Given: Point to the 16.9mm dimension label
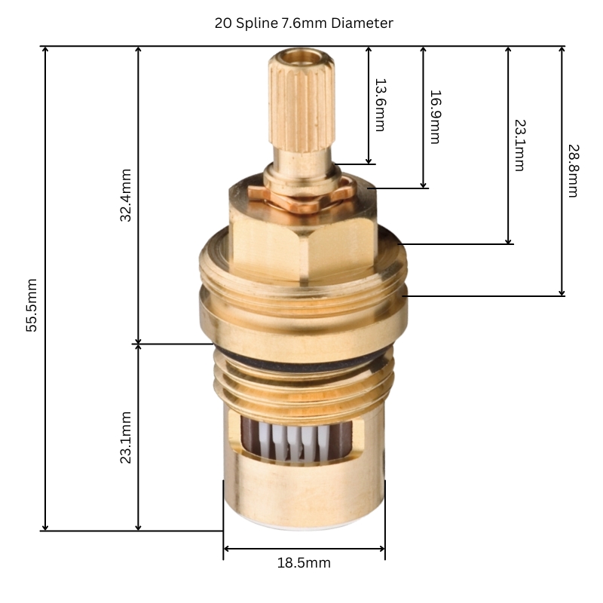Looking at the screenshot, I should point(434,117).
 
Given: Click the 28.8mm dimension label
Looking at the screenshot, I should point(572,170).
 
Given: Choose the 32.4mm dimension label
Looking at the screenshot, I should point(126,194).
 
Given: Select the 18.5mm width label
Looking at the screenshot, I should point(305,563).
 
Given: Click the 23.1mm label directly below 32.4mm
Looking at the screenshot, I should point(126,437).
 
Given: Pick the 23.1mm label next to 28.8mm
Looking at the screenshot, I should point(519,145).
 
